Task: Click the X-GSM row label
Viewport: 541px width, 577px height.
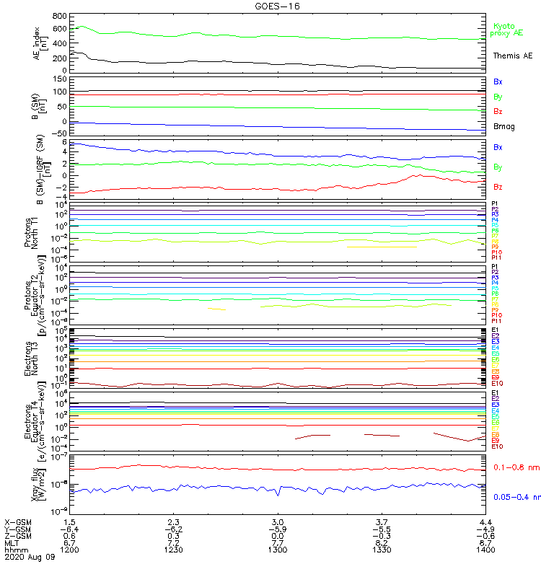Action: (x=18, y=521)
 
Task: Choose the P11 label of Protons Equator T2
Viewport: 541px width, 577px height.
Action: (x=496, y=321)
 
